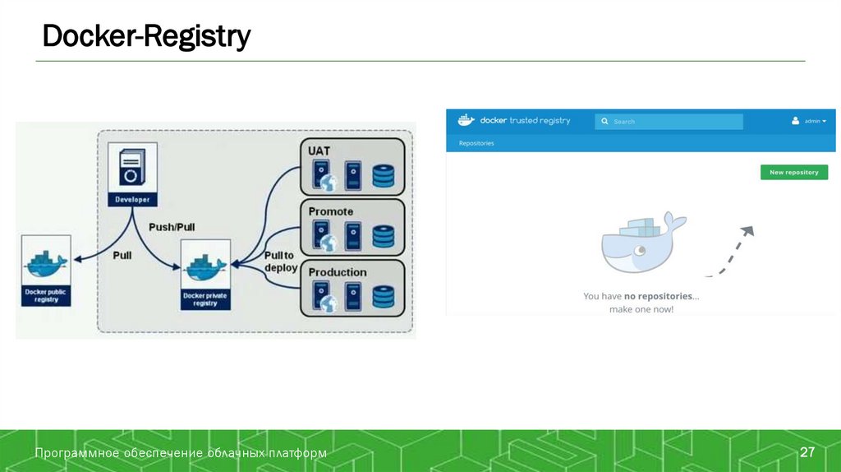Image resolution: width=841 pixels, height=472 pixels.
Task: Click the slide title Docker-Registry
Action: click(x=146, y=36)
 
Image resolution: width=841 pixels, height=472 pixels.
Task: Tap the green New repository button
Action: click(x=793, y=173)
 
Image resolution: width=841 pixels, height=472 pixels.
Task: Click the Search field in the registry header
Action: click(x=669, y=122)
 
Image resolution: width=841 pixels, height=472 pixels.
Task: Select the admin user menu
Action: click(x=809, y=121)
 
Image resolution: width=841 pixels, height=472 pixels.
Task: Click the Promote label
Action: click(x=330, y=211)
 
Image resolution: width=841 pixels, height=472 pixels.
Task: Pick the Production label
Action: click(x=337, y=272)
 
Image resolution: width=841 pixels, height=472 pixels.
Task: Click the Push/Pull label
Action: click(x=172, y=227)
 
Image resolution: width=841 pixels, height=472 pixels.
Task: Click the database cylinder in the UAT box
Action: click(x=384, y=176)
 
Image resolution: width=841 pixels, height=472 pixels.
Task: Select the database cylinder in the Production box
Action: click(x=384, y=296)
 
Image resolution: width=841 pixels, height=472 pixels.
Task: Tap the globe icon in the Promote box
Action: click(x=329, y=243)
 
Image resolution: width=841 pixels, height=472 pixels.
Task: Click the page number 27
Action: click(x=807, y=452)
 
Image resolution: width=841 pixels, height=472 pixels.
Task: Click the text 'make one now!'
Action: click(x=641, y=309)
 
